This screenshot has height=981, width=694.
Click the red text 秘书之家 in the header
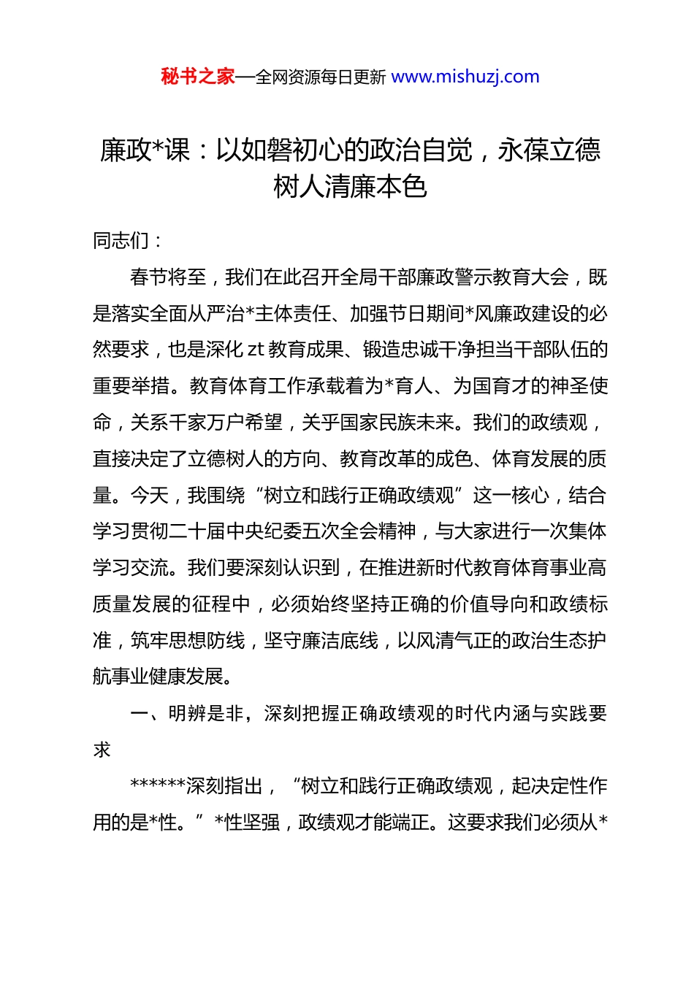click(x=197, y=77)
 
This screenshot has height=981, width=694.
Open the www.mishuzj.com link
click(x=465, y=77)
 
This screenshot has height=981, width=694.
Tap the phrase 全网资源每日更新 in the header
click(x=321, y=77)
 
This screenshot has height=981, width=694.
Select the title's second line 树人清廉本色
click(x=350, y=187)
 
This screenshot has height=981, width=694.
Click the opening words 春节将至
click(x=168, y=277)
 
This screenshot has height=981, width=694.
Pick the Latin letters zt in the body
click(x=256, y=350)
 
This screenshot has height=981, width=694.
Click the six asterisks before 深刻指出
click(x=158, y=786)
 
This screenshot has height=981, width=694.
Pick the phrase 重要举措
click(x=131, y=386)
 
